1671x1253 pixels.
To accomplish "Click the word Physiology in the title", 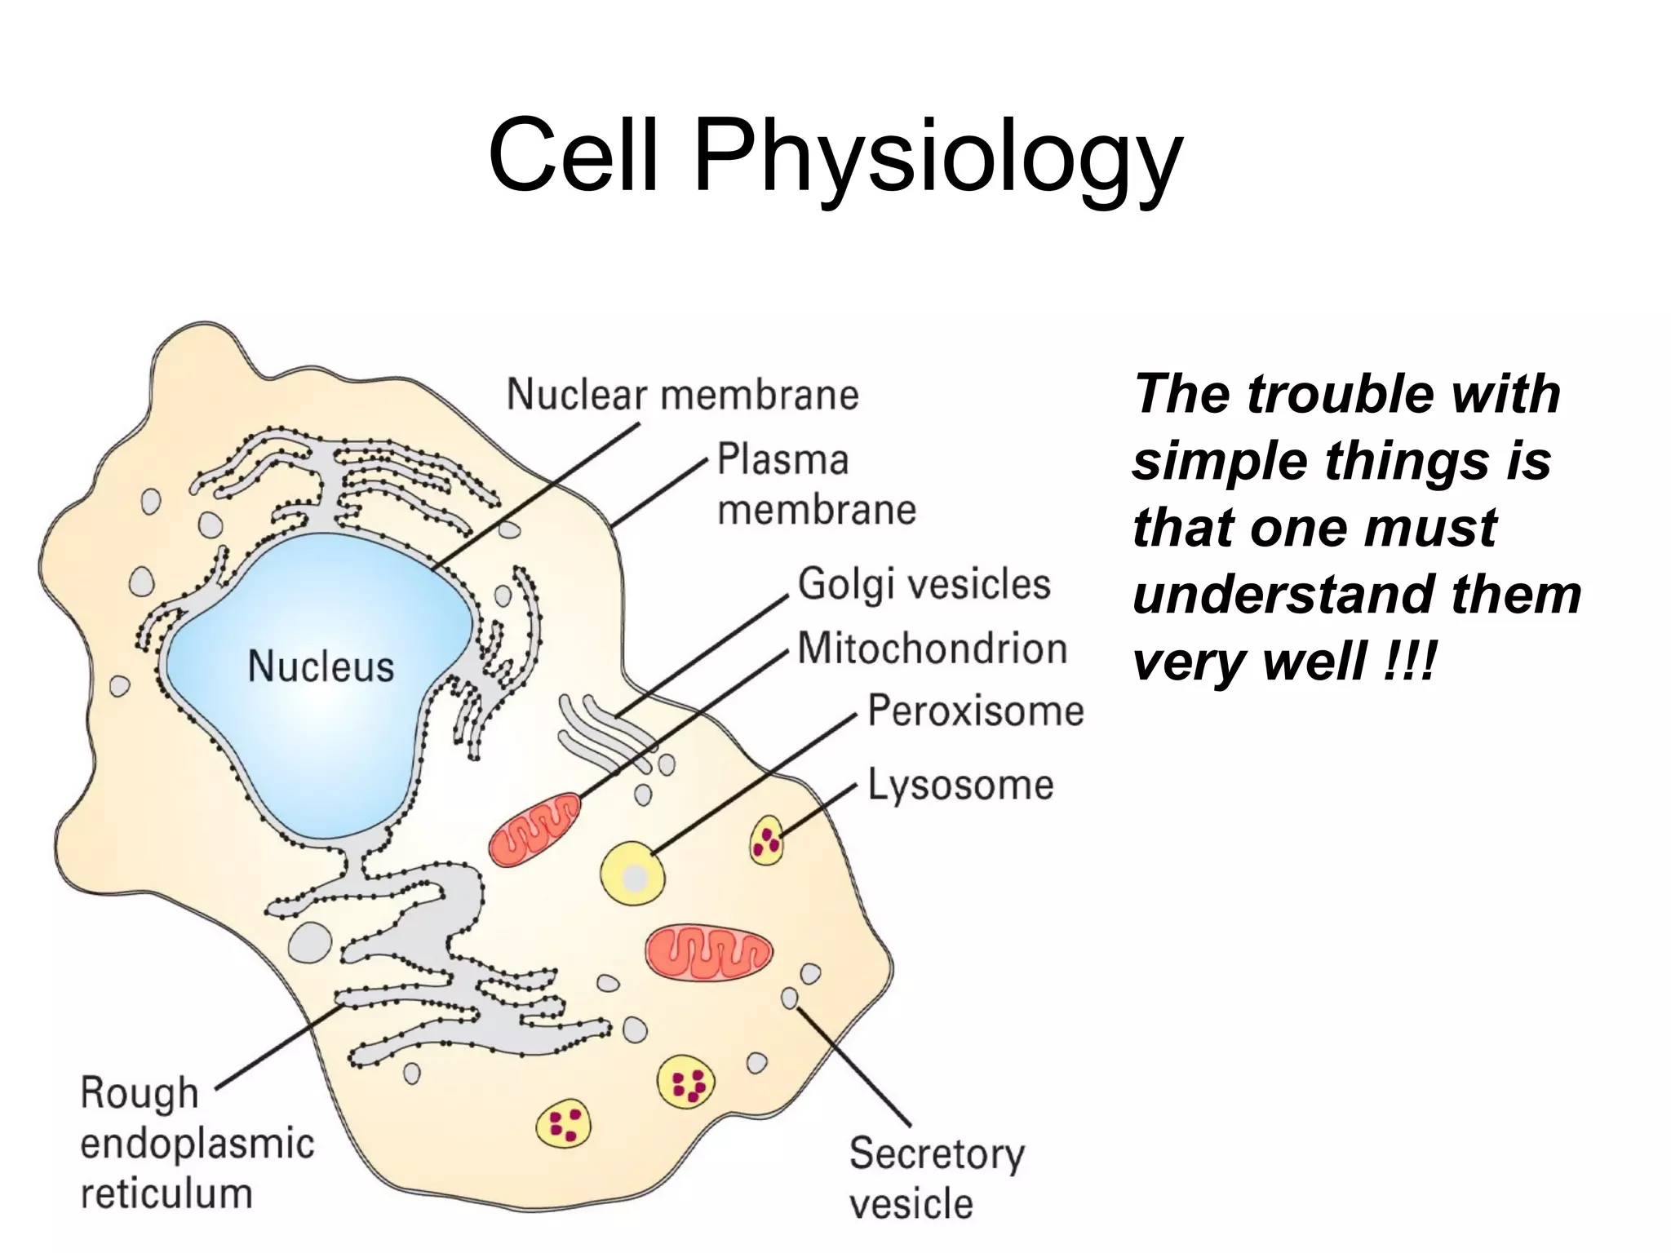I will click(x=937, y=157).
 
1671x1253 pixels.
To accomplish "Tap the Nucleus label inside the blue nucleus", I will click(x=321, y=666).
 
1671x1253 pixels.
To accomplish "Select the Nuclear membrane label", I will click(x=682, y=395).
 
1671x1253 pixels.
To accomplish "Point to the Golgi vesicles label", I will click(x=924, y=584).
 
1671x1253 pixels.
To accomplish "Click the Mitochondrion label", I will click(x=932, y=649).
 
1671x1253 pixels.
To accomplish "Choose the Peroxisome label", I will click(x=975, y=711).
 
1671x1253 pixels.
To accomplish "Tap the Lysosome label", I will click(x=960, y=785).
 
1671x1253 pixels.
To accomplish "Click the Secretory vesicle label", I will click(x=936, y=1178).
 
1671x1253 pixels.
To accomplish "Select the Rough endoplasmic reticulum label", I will click(x=197, y=1143).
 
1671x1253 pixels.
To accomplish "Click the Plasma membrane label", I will click(x=816, y=485).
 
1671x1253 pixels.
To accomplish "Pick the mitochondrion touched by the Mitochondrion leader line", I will click(x=535, y=830).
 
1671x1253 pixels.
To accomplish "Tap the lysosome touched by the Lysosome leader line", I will click(x=767, y=839).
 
